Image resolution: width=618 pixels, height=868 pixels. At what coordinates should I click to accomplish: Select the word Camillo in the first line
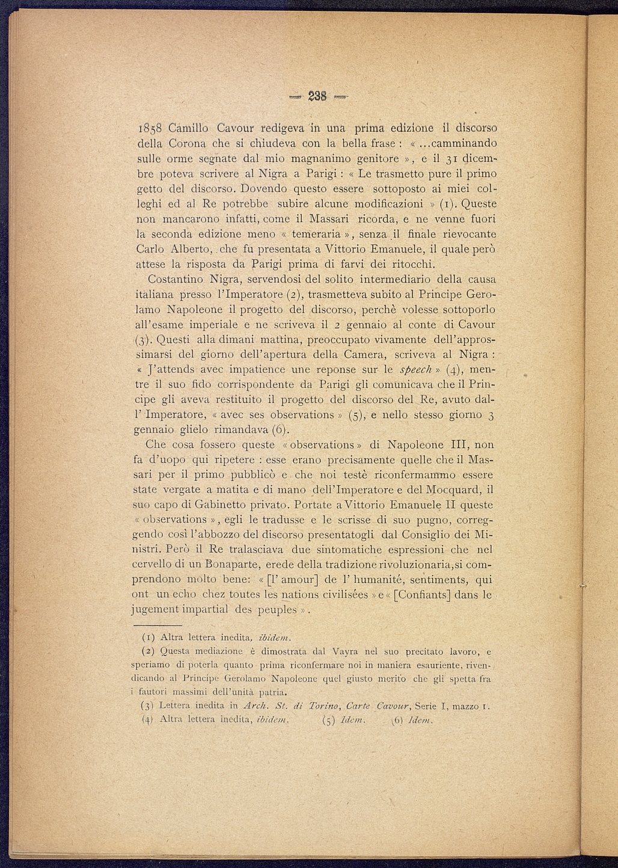click(x=189, y=129)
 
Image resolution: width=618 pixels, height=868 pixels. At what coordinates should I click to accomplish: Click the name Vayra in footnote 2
click(x=346, y=651)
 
